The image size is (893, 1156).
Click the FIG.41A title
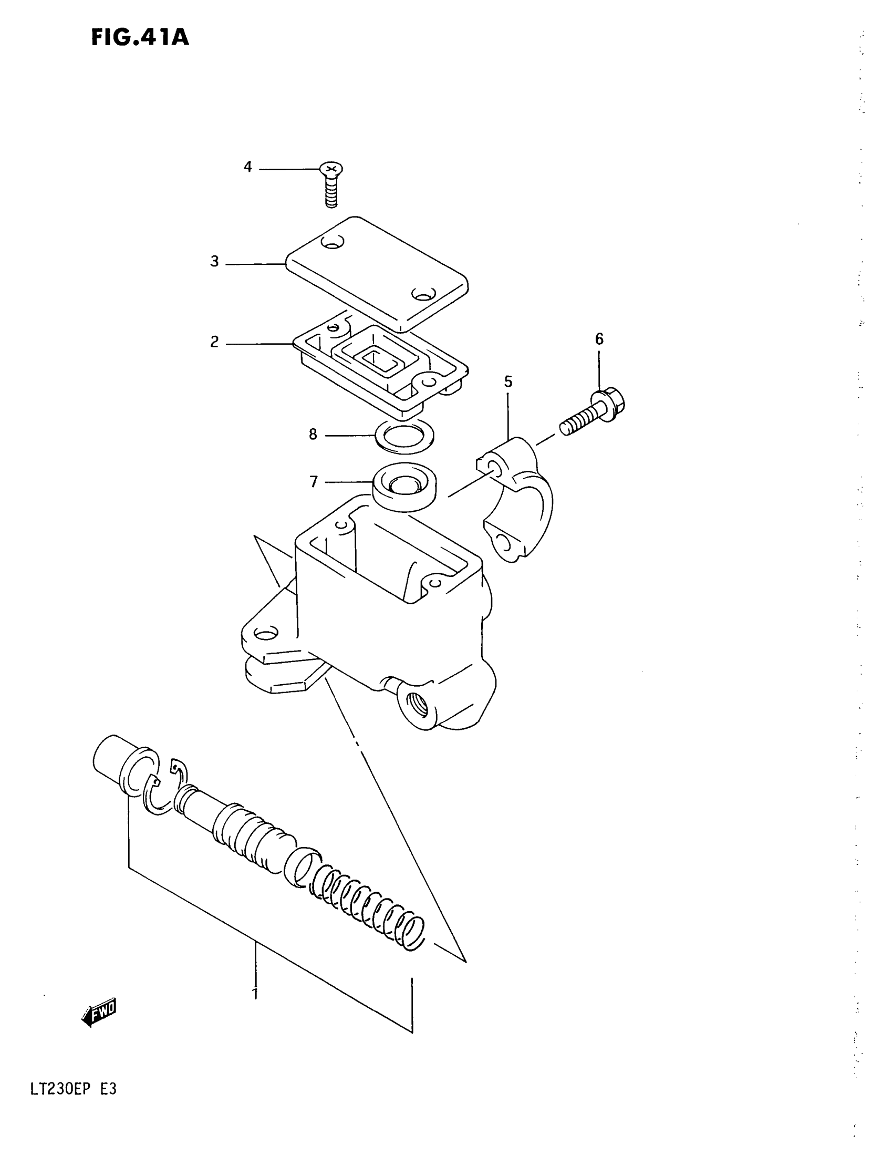tap(140, 38)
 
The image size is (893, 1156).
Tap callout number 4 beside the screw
tap(247, 167)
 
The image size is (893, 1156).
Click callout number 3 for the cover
tap(214, 262)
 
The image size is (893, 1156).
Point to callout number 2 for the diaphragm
tap(214, 342)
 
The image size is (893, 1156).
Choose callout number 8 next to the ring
tap(313, 435)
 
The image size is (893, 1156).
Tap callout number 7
tap(314, 482)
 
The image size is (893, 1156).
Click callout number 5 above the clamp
tap(508, 381)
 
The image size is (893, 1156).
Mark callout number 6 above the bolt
tap(599, 339)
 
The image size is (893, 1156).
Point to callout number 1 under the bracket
tap(255, 994)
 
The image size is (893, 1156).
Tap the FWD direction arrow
tap(99, 1013)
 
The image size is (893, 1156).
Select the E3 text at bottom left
tap(108, 1090)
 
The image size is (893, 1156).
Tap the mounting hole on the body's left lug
tap(265, 633)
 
